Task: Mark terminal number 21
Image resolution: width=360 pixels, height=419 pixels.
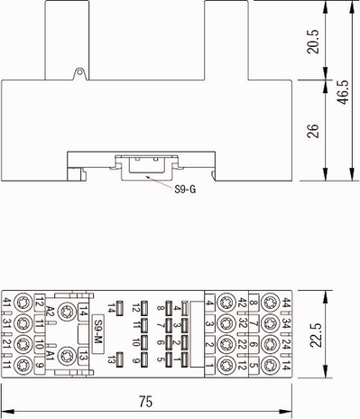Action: pyautogui.click(x=7, y=344)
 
